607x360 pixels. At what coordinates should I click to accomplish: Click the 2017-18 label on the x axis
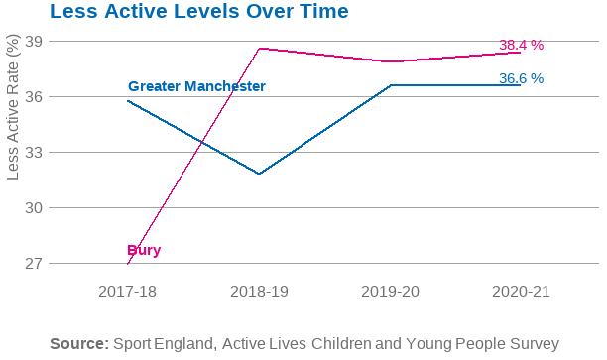(127, 292)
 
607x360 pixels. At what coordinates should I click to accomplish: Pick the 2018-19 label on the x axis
(259, 292)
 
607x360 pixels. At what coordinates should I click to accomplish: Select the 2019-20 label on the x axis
(390, 292)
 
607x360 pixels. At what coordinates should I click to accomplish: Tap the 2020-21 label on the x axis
(521, 292)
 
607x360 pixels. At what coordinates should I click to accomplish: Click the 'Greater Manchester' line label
(196, 86)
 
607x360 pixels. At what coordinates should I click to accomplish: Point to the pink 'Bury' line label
(144, 250)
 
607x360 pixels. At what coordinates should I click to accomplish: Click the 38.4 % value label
(521, 45)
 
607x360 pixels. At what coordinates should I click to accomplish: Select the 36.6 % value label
(521, 78)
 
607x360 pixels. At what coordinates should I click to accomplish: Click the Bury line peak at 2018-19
(259, 48)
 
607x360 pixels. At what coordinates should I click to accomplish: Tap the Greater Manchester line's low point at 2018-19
(259, 174)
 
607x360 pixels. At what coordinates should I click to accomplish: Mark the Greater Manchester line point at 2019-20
(390, 85)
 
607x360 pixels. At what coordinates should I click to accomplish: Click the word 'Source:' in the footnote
(78, 343)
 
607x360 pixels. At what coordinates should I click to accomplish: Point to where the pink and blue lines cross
(202, 144)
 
